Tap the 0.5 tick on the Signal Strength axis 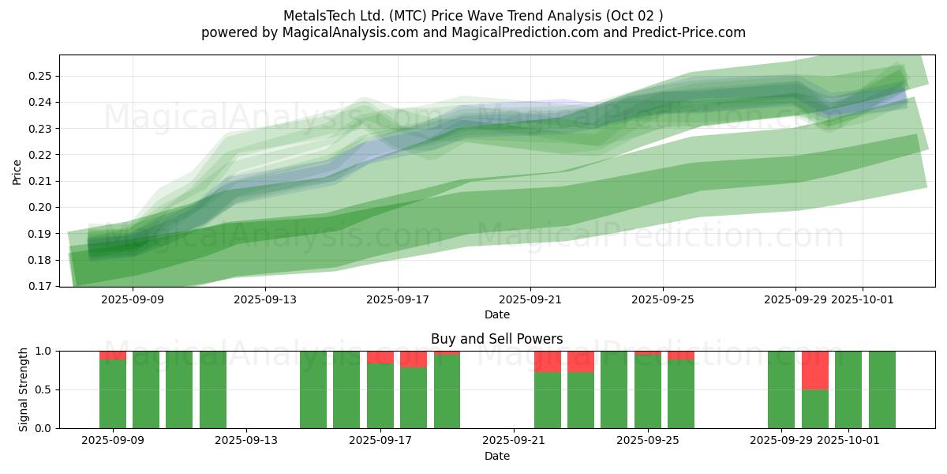point(43,389)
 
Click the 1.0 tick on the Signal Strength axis point(43,351)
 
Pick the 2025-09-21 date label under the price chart point(530,299)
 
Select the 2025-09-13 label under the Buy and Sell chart point(247,441)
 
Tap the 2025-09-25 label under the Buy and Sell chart point(648,441)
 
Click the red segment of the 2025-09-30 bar point(815,370)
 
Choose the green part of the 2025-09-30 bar point(815,409)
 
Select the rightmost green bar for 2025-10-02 point(882,389)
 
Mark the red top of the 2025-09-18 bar point(414,359)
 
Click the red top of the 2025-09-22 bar point(548,361)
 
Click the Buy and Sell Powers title point(496,339)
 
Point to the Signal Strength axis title point(24,389)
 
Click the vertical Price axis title point(17,171)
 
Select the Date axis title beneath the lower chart point(496,456)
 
